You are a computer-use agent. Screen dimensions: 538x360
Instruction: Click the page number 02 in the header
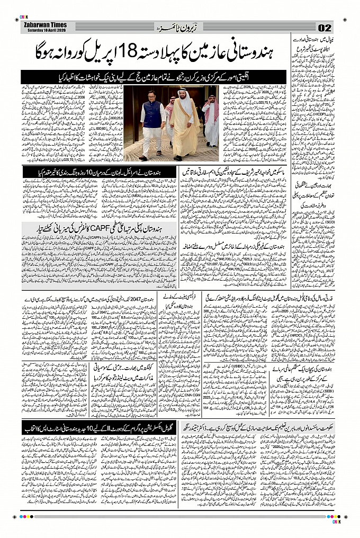(325, 28)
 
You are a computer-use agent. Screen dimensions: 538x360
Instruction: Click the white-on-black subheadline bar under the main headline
(153, 77)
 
